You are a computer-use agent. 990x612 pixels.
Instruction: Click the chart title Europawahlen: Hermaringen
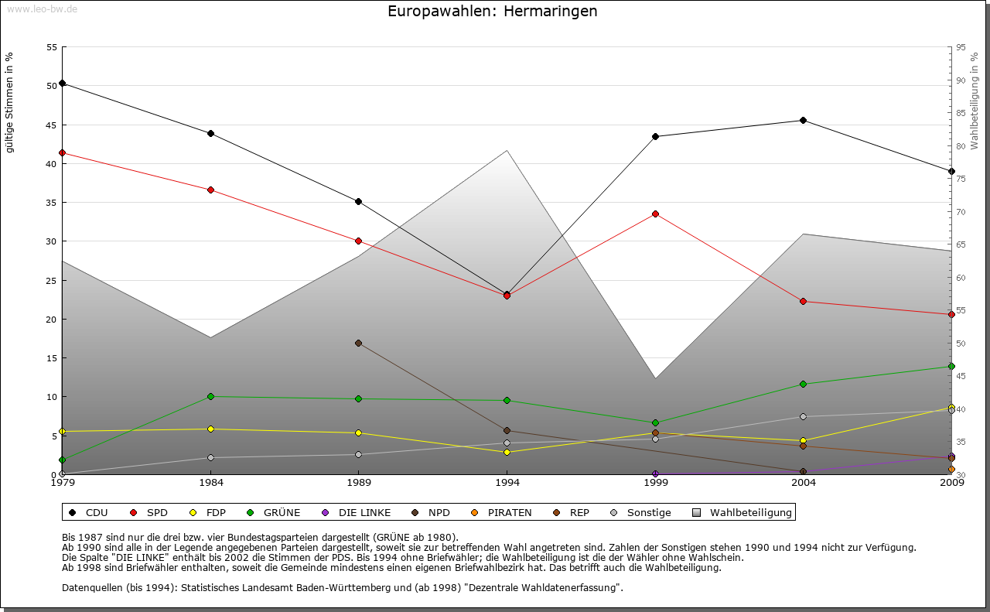(492, 12)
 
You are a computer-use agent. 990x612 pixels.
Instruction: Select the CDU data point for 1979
(63, 83)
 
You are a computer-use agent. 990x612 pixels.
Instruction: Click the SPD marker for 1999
(655, 214)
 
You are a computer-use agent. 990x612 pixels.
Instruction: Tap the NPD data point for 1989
(358, 343)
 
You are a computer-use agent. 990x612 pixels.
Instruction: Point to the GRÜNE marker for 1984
(210, 396)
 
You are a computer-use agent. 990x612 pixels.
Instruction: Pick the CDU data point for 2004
(804, 120)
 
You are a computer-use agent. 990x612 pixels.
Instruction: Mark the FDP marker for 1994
(507, 452)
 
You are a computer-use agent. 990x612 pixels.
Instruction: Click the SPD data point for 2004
(804, 301)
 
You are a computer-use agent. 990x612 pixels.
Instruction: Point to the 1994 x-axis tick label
(507, 484)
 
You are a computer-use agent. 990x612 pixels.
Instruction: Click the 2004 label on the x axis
(804, 484)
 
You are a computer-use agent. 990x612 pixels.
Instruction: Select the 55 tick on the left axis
(52, 47)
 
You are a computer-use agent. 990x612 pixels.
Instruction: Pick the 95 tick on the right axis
(961, 47)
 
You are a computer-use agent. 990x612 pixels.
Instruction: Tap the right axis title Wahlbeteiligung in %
(975, 101)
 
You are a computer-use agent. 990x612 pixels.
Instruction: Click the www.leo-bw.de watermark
(40, 9)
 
